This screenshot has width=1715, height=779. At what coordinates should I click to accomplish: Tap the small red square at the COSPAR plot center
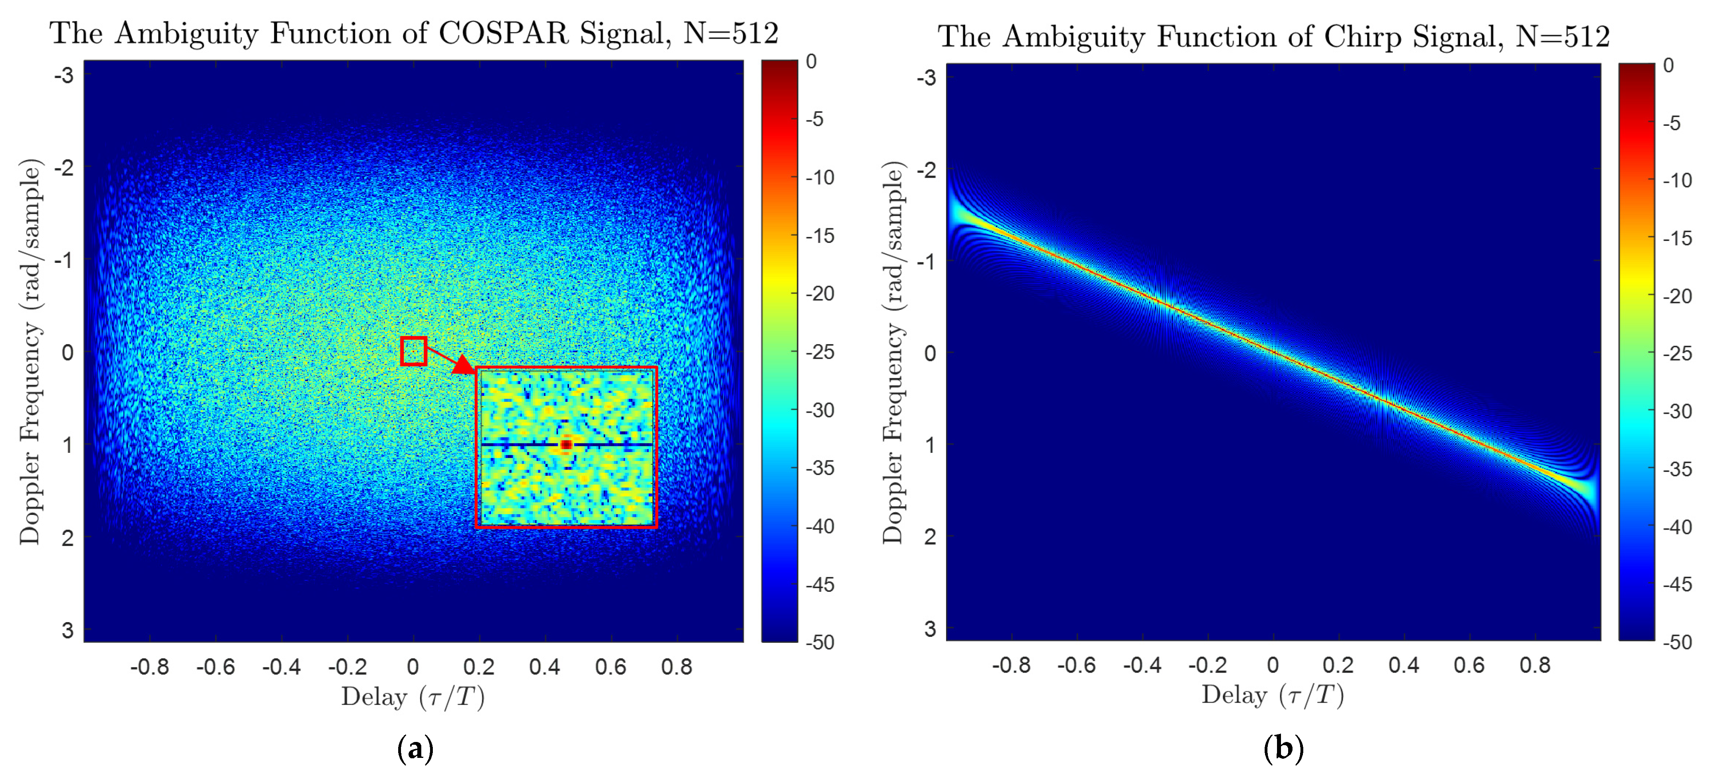pos(413,351)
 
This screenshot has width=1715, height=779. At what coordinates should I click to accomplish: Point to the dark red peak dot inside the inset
pos(566,444)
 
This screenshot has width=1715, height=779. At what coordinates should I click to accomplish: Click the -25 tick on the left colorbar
pos(819,352)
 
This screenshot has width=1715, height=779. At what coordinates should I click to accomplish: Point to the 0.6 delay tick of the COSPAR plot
pos(610,666)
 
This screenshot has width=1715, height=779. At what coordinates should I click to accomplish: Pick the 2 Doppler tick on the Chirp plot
pos(930,536)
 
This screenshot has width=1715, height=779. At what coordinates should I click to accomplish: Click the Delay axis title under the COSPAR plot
pos(413,697)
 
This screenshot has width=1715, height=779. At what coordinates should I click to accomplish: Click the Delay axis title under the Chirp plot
pos(1272,695)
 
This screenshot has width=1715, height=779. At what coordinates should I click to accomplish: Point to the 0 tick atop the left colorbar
pos(811,61)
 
